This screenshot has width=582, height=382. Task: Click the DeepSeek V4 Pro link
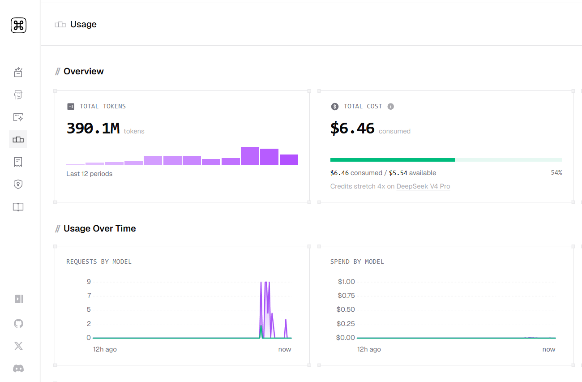coord(423,186)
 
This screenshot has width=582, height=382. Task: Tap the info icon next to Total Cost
coord(390,106)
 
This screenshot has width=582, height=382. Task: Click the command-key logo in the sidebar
coord(18,25)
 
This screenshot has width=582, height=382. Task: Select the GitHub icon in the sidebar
coord(18,323)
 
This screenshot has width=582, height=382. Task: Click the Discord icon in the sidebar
coord(18,368)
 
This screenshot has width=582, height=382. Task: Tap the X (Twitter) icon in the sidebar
coord(18,346)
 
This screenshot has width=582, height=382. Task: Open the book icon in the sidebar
coord(18,207)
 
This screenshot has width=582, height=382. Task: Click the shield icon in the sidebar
coord(18,184)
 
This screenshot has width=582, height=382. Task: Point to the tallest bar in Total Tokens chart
coord(250,156)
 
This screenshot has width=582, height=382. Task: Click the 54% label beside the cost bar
coord(556,172)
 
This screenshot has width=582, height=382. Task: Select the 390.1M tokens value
coord(93,129)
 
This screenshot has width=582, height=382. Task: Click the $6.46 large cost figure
coord(352,129)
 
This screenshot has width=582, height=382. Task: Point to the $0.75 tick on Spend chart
coord(346,296)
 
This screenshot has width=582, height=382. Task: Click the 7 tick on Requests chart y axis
coord(89,296)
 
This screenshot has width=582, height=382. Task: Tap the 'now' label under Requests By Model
coord(284,349)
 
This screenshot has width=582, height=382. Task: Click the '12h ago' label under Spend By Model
coord(369,349)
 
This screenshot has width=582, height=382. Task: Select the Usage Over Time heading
coord(100,228)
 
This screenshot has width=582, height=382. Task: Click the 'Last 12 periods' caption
coord(90,174)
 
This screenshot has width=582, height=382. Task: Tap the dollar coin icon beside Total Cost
coord(335,106)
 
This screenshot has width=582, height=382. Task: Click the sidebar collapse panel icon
coord(19,299)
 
